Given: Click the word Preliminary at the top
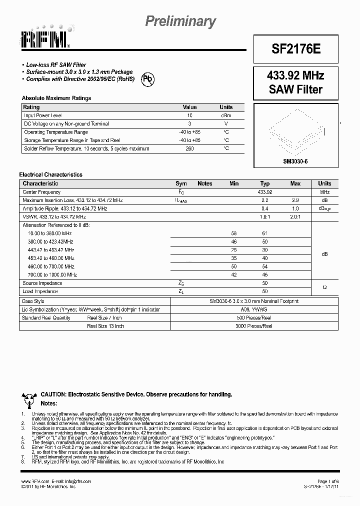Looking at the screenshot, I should click(180, 21).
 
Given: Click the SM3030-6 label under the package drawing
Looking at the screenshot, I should click(296, 161).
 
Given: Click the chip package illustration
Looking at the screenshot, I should click(296, 131).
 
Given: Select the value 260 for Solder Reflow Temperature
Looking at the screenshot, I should click(189, 148).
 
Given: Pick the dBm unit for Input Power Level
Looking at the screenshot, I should click(226, 115).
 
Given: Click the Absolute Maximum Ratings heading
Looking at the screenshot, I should click(56, 98).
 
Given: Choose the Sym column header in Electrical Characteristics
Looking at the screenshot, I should click(181, 183).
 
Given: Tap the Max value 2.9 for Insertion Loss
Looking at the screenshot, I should click(295, 200).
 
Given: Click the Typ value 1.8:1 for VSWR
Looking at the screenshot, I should click(265, 216).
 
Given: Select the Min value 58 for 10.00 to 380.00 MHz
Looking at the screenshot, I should click(233, 233).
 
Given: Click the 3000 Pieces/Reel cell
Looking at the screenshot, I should click(253, 326).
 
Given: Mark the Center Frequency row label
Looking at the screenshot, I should click(41, 192).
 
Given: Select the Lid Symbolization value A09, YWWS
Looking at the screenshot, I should click(253, 309).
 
